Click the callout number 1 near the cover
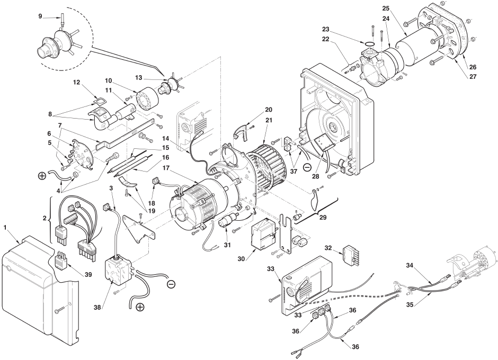pos(5,227)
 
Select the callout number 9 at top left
pos(40,16)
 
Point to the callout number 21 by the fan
pos(269,120)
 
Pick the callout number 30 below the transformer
pos(242,259)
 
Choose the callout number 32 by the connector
pos(328,247)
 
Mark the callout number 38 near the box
pos(98,307)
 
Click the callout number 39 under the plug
pos(88,275)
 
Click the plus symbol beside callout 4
pos(42,176)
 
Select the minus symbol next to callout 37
pos(307,167)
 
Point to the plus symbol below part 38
pos(140,307)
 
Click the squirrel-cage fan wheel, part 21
pos(267,167)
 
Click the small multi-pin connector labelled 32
pos(352,254)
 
